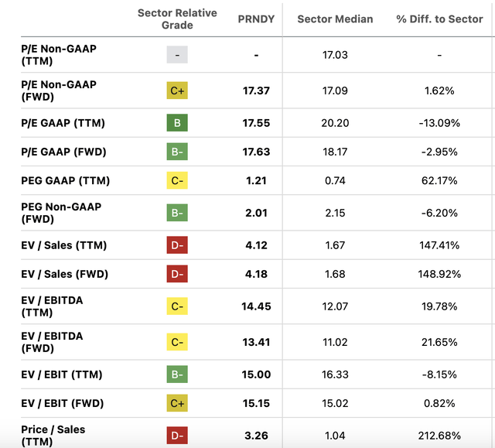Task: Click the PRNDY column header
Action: [255, 19]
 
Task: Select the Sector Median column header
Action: [335, 19]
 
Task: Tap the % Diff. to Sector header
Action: [439, 19]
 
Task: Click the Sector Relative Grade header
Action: [177, 19]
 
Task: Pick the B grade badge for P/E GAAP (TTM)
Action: [177, 123]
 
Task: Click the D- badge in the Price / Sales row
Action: [177, 436]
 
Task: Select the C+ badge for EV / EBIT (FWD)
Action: [177, 403]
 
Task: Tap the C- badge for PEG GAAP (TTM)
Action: [177, 181]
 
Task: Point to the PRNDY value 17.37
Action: [255, 91]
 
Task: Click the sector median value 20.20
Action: [335, 123]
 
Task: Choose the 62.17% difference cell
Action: [439, 181]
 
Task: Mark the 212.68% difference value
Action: [439, 436]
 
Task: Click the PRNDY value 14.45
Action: [255, 306]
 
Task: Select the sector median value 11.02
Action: [335, 342]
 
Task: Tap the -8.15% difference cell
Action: [439, 374]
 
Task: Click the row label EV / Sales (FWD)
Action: [64, 274]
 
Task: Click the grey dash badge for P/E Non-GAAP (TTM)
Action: [177, 55]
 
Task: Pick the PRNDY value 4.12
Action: [255, 245]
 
